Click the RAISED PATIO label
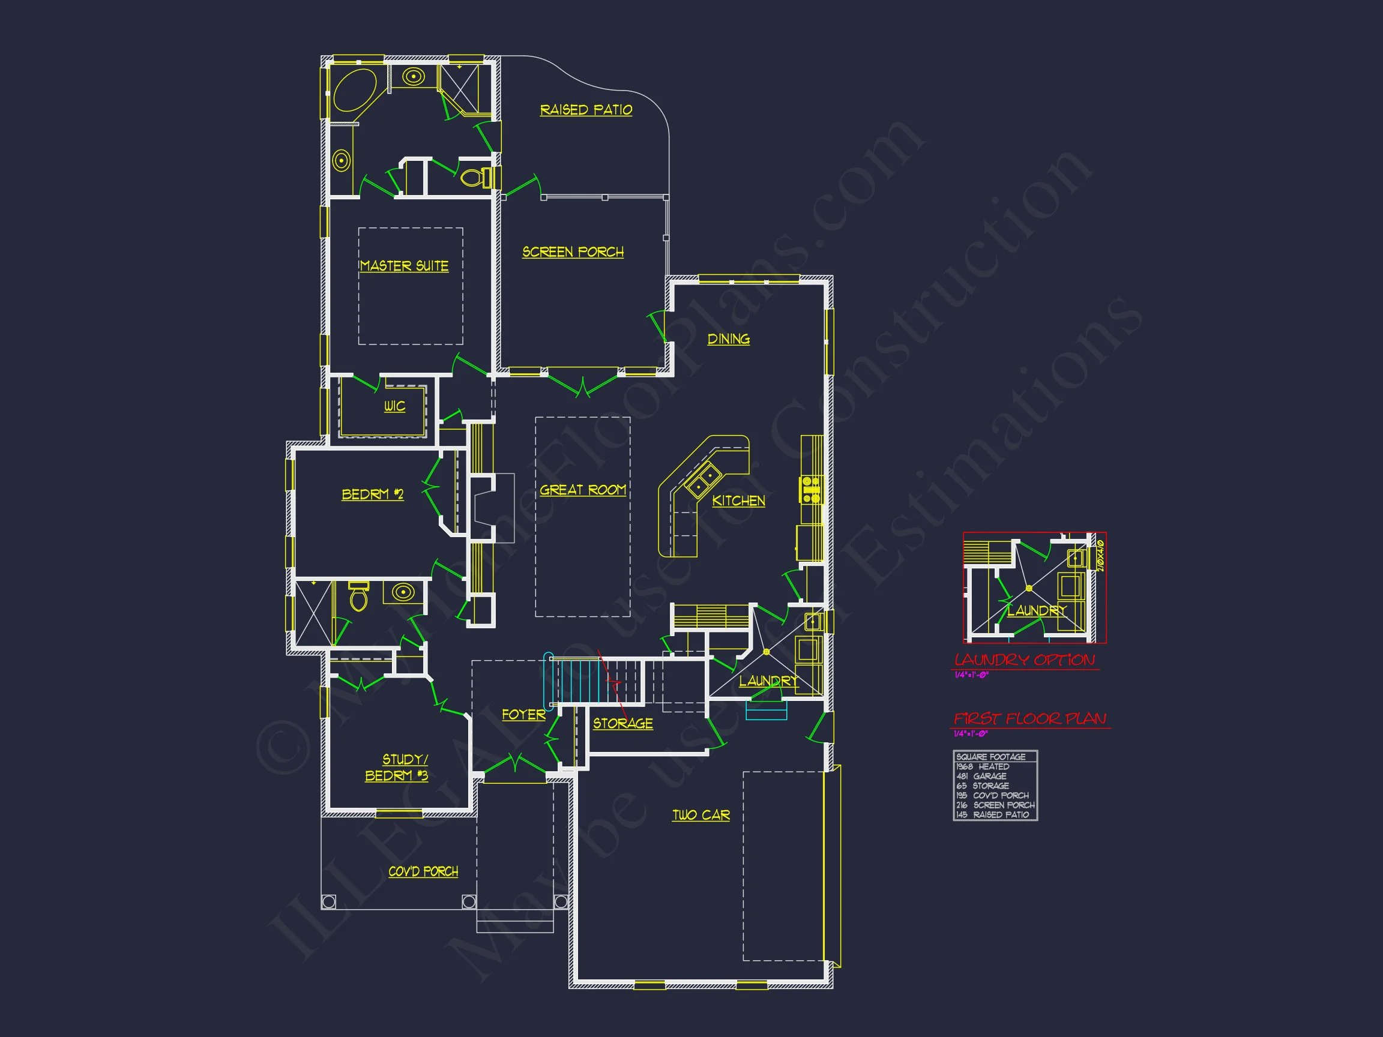(586, 110)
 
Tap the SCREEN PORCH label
(573, 252)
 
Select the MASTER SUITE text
(404, 266)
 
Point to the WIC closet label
(394, 406)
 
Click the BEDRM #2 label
(373, 494)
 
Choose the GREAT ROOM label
(583, 490)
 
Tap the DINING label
(728, 339)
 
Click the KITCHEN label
(738, 500)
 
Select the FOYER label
(523, 715)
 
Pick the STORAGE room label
(622, 723)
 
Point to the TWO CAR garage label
(701, 815)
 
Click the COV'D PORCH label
(423, 871)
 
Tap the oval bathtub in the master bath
(355, 90)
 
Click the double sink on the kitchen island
(703, 482)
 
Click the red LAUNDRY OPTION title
(1024, 660)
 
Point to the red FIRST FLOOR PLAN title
(1030, 719)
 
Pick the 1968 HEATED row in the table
(983, 766)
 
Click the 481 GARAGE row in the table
(981, 777)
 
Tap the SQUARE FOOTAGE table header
(991, 757)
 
